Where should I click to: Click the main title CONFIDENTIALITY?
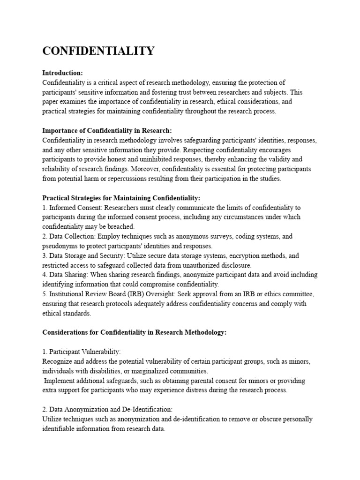(x=98, y=51)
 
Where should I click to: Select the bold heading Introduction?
(x=62, y=73)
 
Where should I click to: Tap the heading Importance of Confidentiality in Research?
(x=107, y=130)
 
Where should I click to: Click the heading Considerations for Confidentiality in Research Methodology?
(x=134, y=332)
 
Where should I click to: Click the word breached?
(x=122, y=226)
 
